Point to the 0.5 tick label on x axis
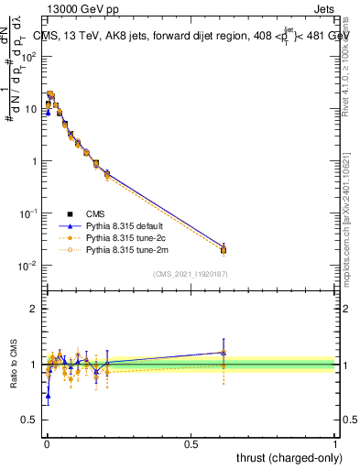pyautogui.click(x=191, y=443)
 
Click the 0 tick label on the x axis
pyautogui.click(x=46, y=443)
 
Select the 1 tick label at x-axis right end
pyautogui.click(x=336, y=443)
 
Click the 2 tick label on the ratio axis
pyautogui.click(x=33, y=309)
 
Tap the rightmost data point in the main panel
pyautogui.click(x=223, y=249)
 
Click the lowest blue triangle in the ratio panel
pyautogui.click(x=48, y=395)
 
